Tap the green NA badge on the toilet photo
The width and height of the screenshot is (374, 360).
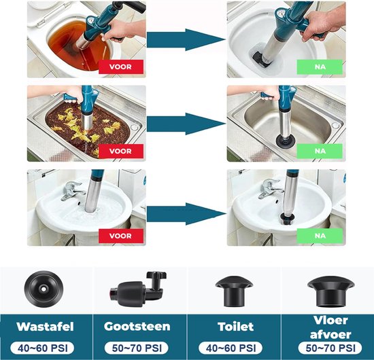320,67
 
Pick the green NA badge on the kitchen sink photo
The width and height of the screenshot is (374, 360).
320,150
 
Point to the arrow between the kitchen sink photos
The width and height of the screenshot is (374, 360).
185,124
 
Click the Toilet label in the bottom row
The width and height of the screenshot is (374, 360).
232,327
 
